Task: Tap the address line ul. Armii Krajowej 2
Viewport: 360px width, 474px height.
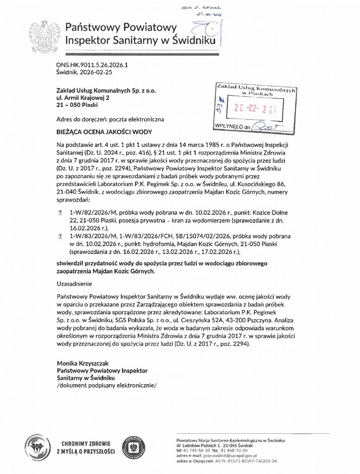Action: point(82,98)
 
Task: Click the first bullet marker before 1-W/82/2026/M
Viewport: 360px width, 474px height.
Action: point(60,211)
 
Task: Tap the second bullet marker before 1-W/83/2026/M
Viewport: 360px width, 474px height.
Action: point(60,236)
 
